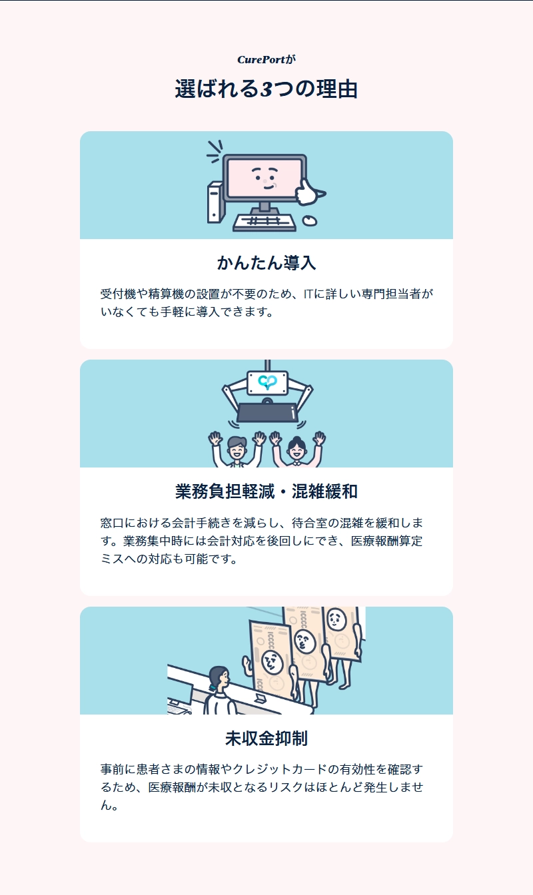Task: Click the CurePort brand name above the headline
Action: (261, 59)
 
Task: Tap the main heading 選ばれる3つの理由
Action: (266, 89)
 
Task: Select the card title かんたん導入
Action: (266, 263)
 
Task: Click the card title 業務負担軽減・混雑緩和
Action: (266, 491)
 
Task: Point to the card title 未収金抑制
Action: (266, 739)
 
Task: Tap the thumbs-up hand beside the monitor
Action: (310, 192)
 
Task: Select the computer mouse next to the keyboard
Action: (310, 220)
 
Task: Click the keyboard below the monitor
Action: (265, 223)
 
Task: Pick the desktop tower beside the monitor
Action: (216, 202)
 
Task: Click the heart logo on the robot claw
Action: (268, 382)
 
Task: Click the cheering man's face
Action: (237, 450)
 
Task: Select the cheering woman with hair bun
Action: (296, 450)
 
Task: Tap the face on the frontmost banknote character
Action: (272, 662)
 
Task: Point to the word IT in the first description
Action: (308, 294)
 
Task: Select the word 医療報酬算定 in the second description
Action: (386, 541)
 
